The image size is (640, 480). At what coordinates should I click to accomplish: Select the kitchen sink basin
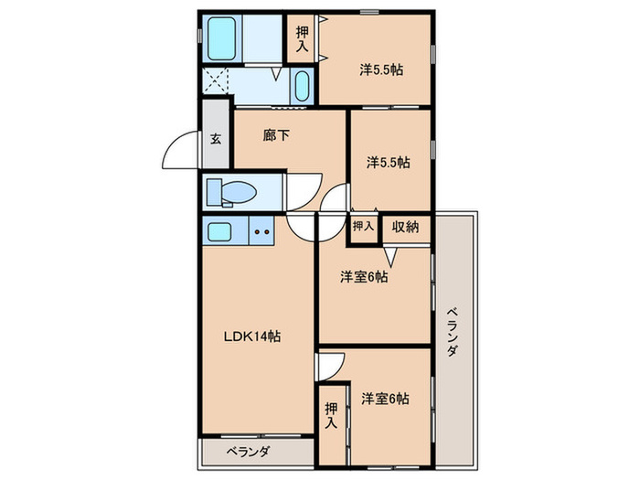tap(221, 231)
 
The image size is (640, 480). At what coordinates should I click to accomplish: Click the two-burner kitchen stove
tap(261, 231)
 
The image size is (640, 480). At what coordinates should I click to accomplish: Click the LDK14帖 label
tap(253, 336)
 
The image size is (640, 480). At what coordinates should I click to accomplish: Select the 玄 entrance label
tap(217, 140)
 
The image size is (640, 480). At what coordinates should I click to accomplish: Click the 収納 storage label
tap(406, 227)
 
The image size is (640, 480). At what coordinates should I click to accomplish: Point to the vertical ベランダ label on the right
tap(452, 335)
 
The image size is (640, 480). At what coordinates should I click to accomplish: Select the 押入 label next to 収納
tap(363, 227)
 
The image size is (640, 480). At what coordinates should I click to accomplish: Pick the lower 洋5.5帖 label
tap(389, 162)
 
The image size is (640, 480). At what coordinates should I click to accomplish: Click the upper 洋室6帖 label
tap(364, 277)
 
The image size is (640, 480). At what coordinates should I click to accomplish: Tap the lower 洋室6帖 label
tap(384, 399)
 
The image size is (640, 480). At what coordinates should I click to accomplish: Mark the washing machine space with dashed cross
tap(217, 80)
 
